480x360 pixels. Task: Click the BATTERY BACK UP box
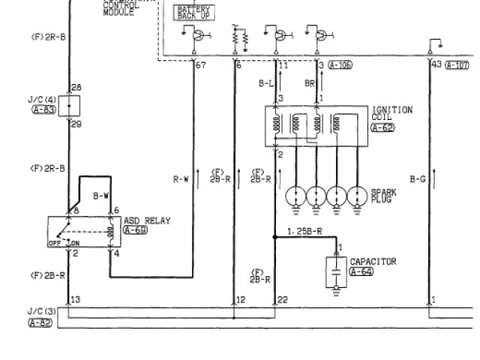tap(193, 12)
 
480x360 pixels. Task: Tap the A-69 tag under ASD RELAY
tap(136, 229)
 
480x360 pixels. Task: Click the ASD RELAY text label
tap(146, 220)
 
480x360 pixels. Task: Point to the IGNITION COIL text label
tap(391, 113)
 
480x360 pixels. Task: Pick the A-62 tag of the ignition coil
tap(382, 127)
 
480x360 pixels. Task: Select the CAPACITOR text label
tap(378, 262)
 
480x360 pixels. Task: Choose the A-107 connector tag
tap(457, 65)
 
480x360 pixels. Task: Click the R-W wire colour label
tap(181, 179)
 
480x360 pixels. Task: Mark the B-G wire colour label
tap(418, 179)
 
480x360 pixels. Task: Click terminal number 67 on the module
tap(200, 66)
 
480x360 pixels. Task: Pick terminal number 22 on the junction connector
tap(282, 300)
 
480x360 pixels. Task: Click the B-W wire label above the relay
tap(101, 196)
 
